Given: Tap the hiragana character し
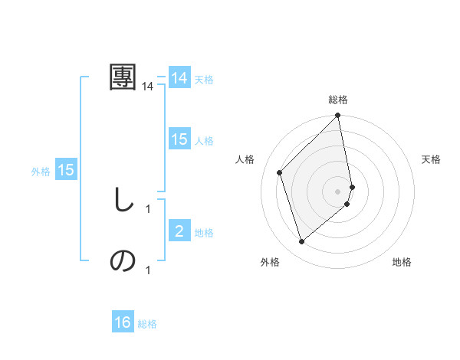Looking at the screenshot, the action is click(x=123, y=200).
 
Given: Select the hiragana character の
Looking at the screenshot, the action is click(x=123, y=261).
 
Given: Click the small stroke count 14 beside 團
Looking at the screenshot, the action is click(x=148, y=87).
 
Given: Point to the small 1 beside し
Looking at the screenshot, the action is click(x=148, y=208).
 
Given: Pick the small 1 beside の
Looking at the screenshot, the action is click(x=148, y=270).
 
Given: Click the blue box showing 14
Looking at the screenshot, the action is click(x=179, y=78).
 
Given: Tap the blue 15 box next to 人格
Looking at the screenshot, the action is click(x=179, y=139).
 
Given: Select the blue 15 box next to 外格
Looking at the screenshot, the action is click(x=66, y=170).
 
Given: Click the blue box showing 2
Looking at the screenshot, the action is click(x=179, y=231).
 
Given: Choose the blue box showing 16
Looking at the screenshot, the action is click(x=123, y=322).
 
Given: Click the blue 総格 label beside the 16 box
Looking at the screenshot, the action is click(x=147, y=324).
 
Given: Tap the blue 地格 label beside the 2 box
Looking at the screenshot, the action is click(x=204, y=233).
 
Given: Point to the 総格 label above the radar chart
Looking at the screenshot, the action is click(x=338, y=100).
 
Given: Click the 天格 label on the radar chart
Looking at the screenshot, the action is click(x=432, y=159).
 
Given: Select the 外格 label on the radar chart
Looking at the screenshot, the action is click(x=270, y=262).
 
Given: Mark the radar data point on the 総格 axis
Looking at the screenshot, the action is click(x=338, y=116).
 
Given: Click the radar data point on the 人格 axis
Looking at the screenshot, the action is click(x=280, y=172).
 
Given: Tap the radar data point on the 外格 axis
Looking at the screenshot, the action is click(x=302, y=242).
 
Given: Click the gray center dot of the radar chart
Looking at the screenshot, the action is click(x=338, y=191).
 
